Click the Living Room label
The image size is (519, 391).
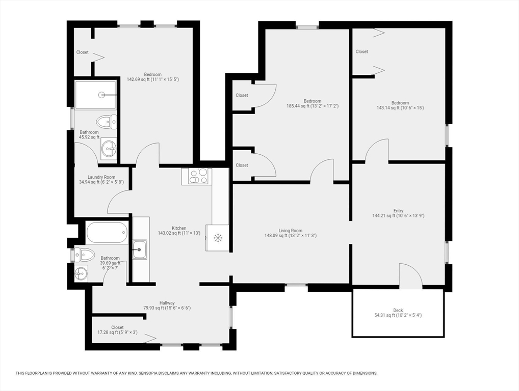pos(290,231)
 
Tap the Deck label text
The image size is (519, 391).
pos(398,310)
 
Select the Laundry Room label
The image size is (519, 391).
pos(102,177)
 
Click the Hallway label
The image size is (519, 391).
pos(167,303)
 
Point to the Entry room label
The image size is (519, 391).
pos(398,211)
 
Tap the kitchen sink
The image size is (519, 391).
pos(139,249)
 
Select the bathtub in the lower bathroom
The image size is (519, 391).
pos(106,233)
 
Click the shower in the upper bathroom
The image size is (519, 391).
pos(96,95)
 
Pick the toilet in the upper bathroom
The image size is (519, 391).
pos(107,122)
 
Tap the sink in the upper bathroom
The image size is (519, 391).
pos(109,149)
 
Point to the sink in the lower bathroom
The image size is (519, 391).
pos(81,273)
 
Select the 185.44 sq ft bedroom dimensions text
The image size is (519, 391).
pos(313,106)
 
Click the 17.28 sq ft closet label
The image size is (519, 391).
pos(117,330)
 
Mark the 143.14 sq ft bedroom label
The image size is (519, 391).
pos(400,105)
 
